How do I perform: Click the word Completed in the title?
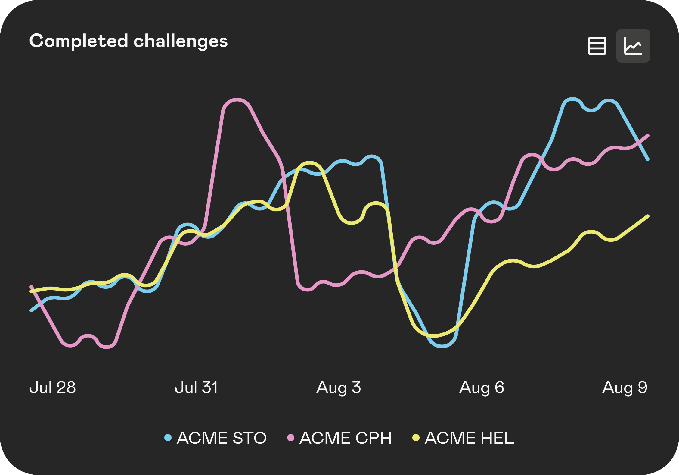point(79,41)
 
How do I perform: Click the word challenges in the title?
point(181,41)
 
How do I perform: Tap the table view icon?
point(597,46)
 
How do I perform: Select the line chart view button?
point(633,46)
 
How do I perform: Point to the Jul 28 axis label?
point(53,388)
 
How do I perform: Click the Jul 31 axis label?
point(196,388)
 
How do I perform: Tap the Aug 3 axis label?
point(339,388)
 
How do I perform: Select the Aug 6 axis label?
point(482,388)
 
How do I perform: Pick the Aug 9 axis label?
point(625,388)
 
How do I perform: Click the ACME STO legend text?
point(222,438)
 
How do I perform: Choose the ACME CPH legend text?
point(346,438)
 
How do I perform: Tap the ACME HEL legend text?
point(469,438)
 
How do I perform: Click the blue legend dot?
point(168,438)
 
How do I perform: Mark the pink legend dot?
point(291,438)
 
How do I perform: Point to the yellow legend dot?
point(416,438)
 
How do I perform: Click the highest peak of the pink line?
point(237,99)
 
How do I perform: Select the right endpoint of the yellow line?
point(648,216)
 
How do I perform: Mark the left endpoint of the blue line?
point(31,310)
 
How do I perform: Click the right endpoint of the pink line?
point(648,136)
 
